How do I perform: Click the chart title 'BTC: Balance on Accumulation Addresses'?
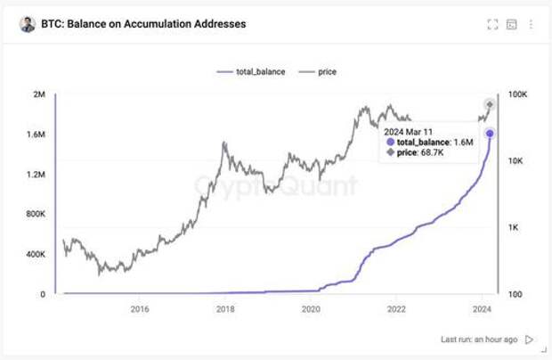(143, 25)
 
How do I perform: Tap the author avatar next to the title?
(28, 25)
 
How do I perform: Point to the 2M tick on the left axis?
(39, 94)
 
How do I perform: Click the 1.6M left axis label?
(35, 134)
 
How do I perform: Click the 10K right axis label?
(517, 160)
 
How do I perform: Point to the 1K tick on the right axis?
(515, 227)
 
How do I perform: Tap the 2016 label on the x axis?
(140, 310)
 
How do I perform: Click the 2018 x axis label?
(225, 310)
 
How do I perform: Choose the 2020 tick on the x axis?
(311, 310)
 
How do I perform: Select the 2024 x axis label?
(482, 310)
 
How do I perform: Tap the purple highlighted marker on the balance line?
(490, 134)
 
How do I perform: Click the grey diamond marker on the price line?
(490, 104)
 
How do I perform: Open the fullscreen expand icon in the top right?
(492, 25)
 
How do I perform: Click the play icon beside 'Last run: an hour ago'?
(530, 340)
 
